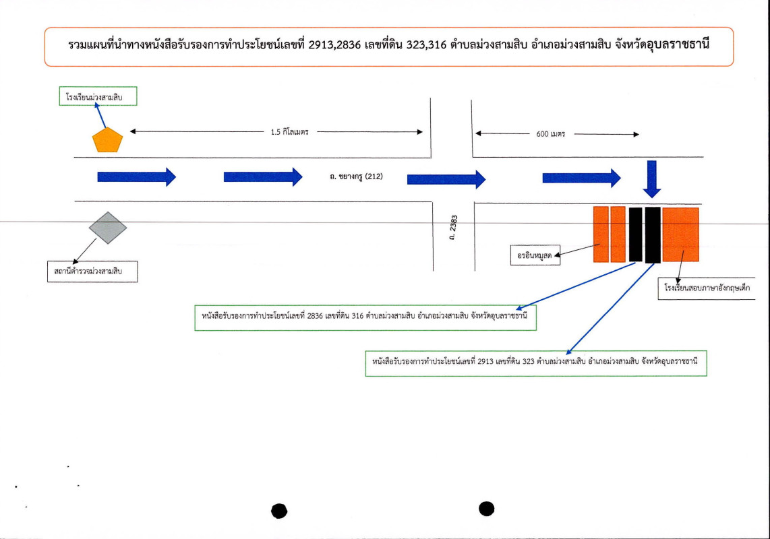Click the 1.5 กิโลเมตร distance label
(x=290, y=133)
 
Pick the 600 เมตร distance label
(x=551, y=134)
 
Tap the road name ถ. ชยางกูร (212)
(x=355, y=177)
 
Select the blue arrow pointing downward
(x=652, y=179)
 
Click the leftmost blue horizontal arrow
(x=136, y=177)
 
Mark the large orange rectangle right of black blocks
(x=680, y=234)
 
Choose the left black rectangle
(x=635, y=234)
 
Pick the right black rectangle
(x=653, y=234)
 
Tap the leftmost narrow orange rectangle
(x=601, y=234)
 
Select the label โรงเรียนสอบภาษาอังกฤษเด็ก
(x=706, y=288)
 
